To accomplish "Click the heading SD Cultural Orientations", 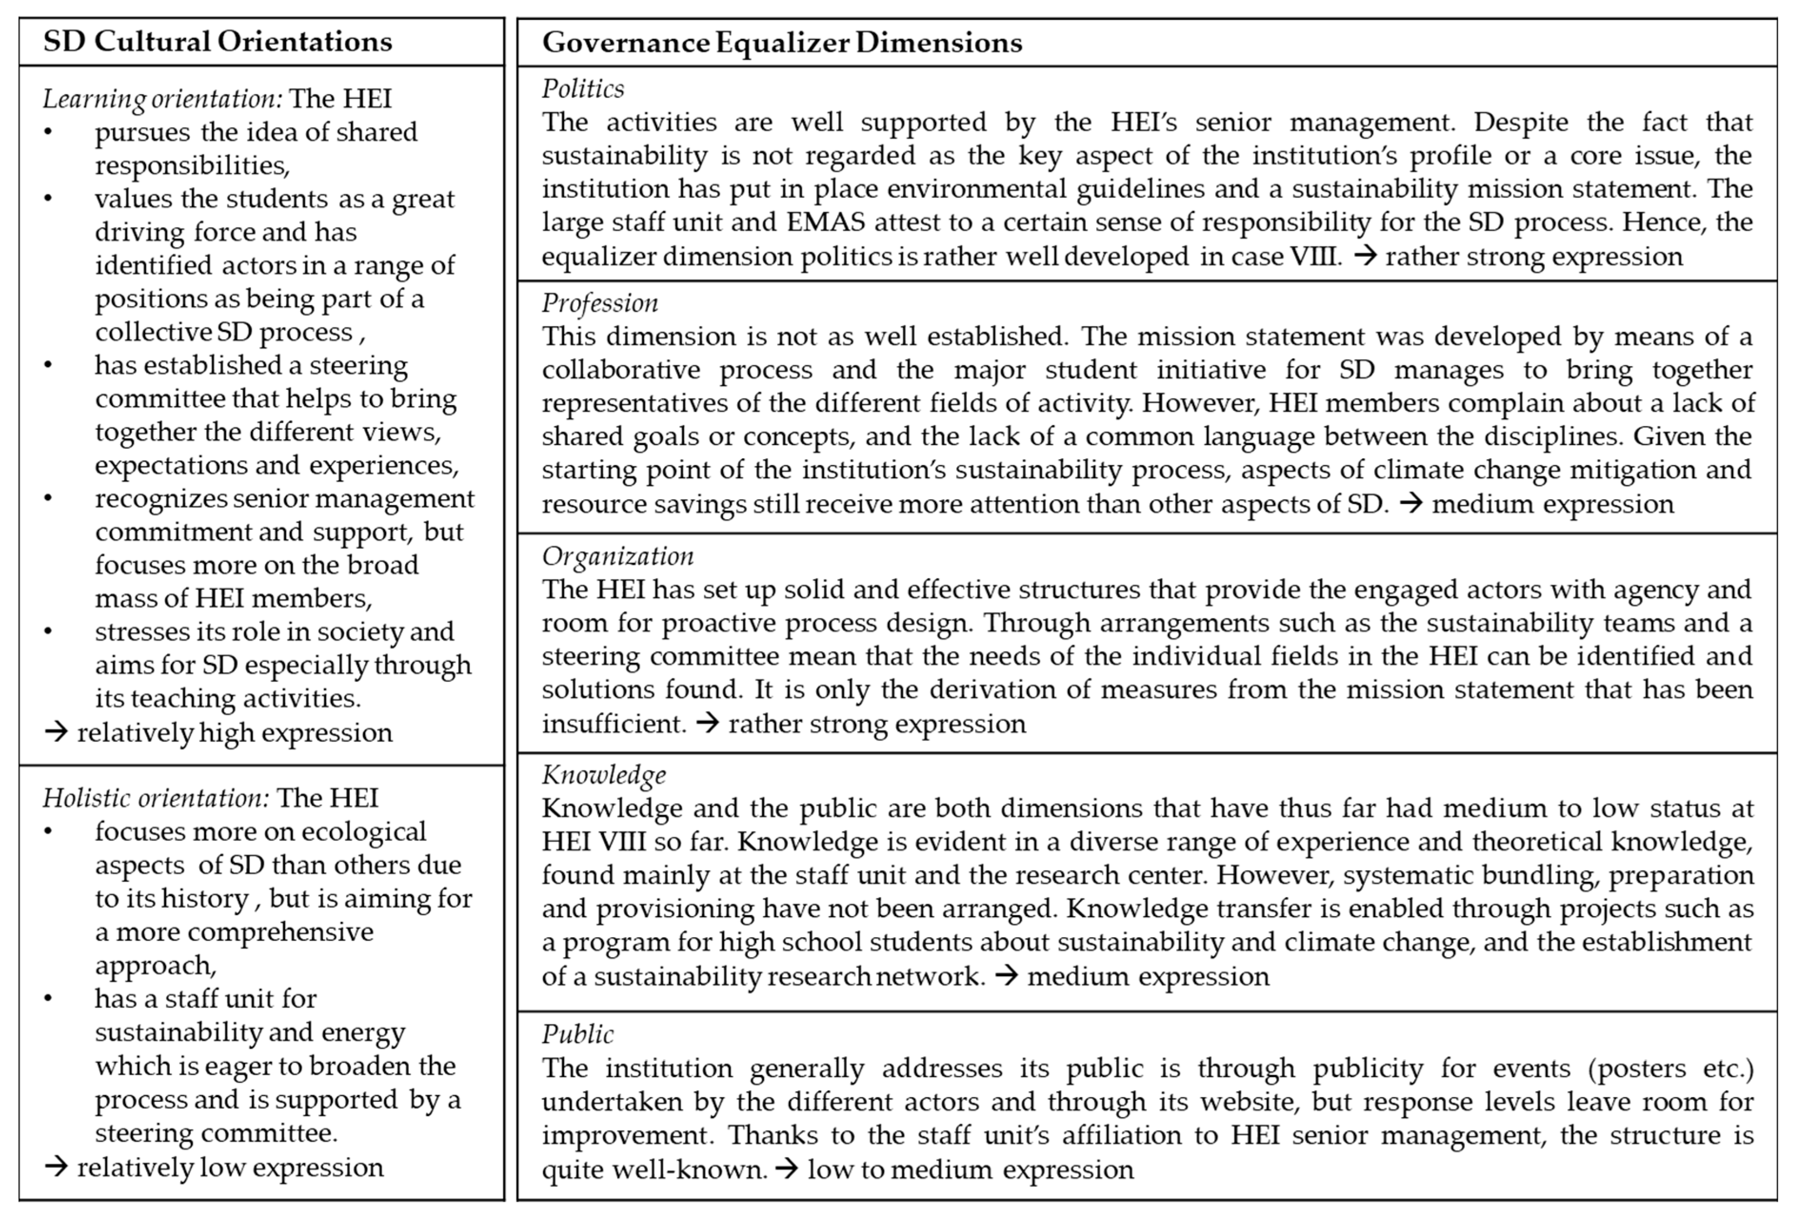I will tap(218, 42).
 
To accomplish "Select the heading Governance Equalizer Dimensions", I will tap(782, 42).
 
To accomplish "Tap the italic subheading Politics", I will tap(583, 89).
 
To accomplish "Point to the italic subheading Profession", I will tap(599, 303).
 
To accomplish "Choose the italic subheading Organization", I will tap(617, 556).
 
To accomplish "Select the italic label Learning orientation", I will tap(162, 99).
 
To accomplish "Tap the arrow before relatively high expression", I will tap(56, 732).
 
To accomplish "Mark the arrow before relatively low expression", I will tap(56, 1167).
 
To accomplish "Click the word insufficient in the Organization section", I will tap(613, 724).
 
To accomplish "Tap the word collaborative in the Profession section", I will tap(620, 370).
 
